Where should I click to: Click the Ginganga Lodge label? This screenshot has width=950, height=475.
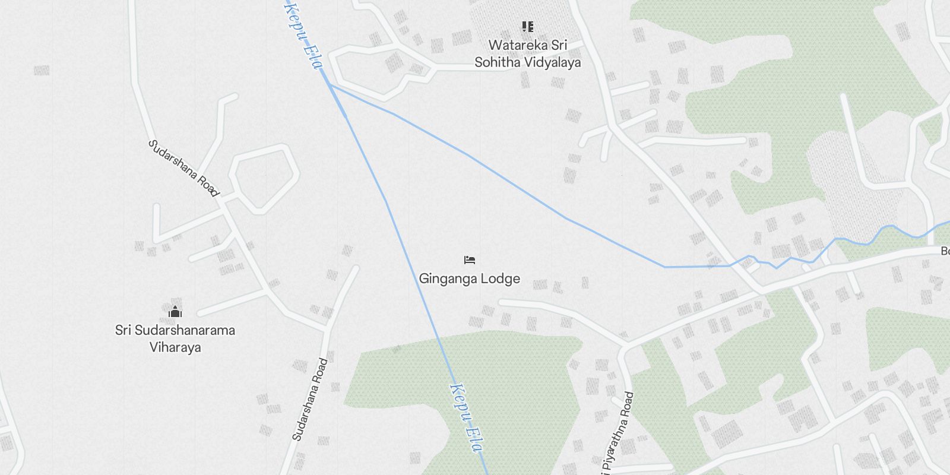coord(469,278)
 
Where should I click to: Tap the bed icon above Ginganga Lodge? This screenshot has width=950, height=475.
coord(470,259)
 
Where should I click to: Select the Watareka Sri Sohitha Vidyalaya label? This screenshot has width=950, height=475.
coord(527,53)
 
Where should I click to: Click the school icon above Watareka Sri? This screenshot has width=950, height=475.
coord(527,27)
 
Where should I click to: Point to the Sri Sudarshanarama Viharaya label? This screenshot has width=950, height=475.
coord(175,338)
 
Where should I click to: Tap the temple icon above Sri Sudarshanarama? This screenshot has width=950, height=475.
coord(175,311)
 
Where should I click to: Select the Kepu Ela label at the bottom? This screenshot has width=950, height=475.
coord(465,418)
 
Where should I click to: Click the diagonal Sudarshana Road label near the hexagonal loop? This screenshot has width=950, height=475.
coord(183,168)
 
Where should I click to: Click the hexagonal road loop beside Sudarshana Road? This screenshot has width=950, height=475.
coord(265,178)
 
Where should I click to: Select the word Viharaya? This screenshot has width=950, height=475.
coord(175,347)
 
